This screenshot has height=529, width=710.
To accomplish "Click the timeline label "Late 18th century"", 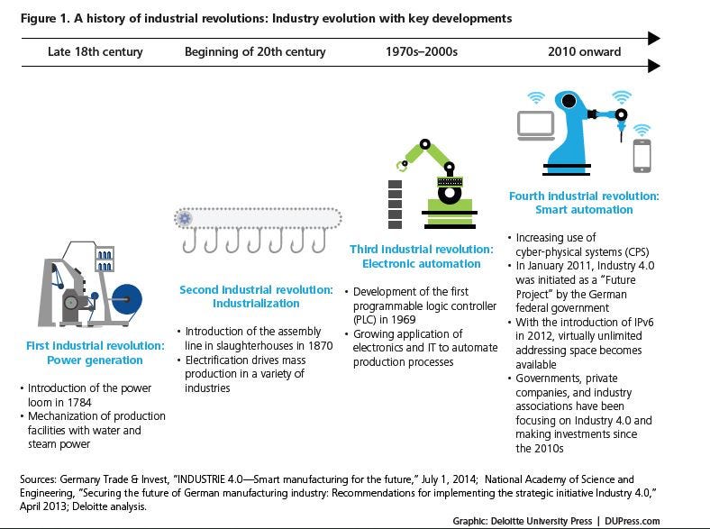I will [x=95, y=52].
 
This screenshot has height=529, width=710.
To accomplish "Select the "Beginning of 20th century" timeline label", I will [x=255, y=52].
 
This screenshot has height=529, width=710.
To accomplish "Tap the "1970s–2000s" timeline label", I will [x=421, y=52].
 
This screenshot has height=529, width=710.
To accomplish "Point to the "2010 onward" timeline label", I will [x=584, y=52].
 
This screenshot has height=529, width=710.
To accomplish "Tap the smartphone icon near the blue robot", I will [x=642, y=155].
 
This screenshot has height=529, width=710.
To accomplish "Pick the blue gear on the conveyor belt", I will [x=186, y=218].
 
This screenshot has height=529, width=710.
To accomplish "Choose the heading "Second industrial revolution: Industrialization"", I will [x=257, y=297].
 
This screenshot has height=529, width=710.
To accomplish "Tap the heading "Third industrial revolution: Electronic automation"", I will [x=422, y=256].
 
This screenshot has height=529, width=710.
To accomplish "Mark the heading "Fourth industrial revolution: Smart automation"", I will [x=584, y=202].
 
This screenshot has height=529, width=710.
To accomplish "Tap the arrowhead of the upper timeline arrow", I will [x=654, y=38].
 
